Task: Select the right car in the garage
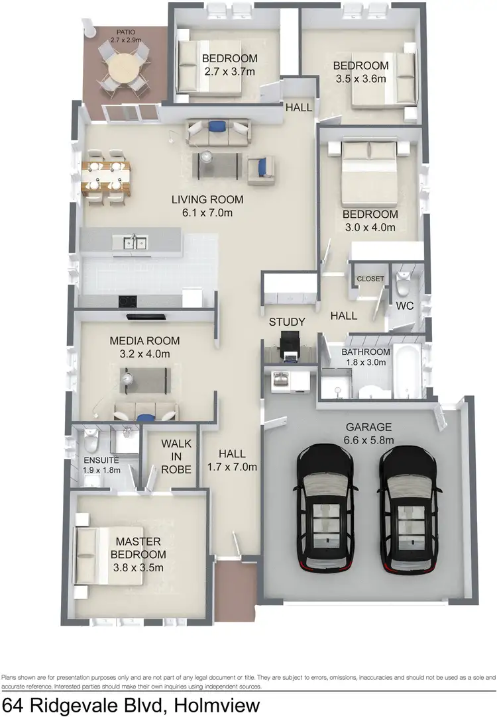410,506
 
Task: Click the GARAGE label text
369,427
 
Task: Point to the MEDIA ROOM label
144,341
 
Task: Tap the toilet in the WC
402,284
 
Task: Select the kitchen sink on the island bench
133,244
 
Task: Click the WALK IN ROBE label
176,456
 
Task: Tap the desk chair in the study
289,344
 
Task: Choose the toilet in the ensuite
91,438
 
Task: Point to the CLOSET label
370,279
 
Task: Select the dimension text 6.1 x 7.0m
207,213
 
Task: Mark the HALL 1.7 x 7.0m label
232,459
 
